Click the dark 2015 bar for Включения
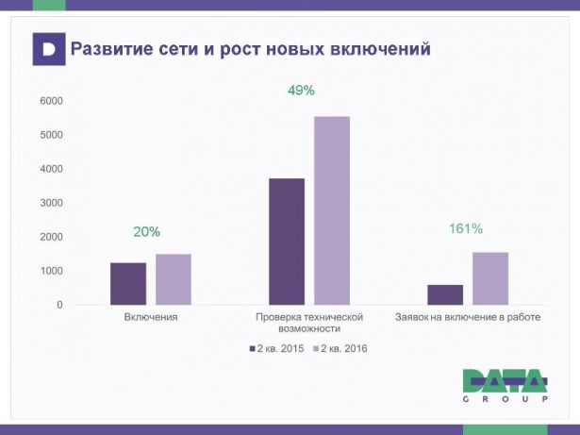(x=128, y=283)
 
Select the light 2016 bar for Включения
(x=173, y=279)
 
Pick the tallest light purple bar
(x=332, y=210)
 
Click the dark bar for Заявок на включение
(x=445, y=294)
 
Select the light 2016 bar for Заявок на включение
(x=490, y=278)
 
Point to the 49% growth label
(x=301, y=91)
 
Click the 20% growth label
(x=146, y=231)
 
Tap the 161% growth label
(x=464, y=228)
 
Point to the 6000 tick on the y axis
(x=51, y=101)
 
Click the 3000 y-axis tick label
(x=51, y=203)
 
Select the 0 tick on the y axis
(x=58, y=305)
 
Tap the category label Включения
(x=151, y=318)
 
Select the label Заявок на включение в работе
(x=467, y=318)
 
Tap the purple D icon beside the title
(x=49, y=48)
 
